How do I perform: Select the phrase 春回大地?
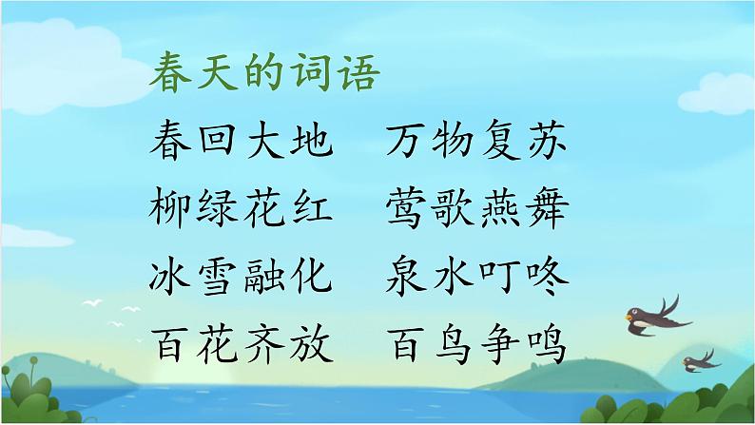point(242,143)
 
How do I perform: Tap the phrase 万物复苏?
point(478,143)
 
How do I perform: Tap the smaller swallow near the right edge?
point(700,358)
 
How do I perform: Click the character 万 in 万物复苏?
point(408,143)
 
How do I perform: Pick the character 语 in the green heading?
point(358,76)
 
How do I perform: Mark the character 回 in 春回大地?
point(218,143)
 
